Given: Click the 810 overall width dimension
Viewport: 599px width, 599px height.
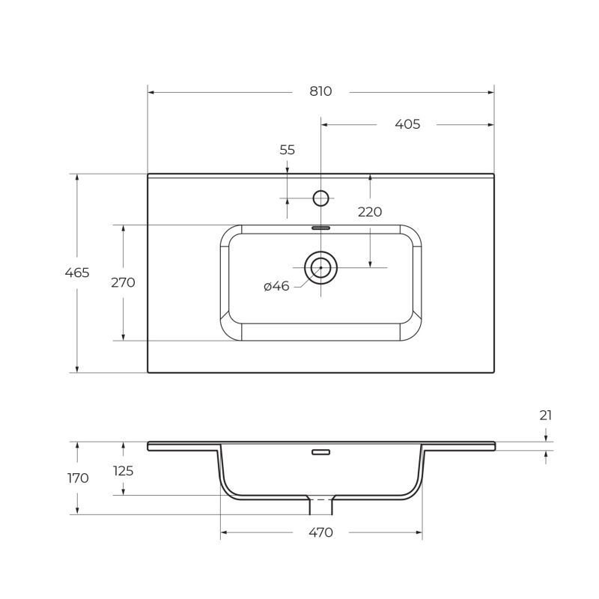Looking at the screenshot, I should [x=320, y=91].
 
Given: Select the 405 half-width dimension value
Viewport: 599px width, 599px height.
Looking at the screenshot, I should [x=407, y=124].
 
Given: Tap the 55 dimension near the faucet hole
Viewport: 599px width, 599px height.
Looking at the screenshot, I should [x=288, y=150].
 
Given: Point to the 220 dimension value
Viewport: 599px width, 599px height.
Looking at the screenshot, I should [x=370, y=212].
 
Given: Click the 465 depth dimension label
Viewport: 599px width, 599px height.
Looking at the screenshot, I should [x=77, y=273].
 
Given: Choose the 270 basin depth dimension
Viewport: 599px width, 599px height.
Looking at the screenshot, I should [x=123, y=282].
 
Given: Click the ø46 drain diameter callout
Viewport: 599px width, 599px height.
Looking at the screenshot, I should [x=276, y=286].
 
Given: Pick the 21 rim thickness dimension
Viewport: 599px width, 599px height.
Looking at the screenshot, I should [x=546, y=415].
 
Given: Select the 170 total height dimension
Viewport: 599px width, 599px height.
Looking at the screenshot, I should [x=77, y=478].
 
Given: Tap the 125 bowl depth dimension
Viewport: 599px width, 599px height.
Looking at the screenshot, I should [x=123, y=471].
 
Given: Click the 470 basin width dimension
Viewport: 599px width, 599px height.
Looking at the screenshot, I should [x=320, y=533].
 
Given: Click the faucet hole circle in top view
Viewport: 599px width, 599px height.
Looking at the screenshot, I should [x=320, y=198].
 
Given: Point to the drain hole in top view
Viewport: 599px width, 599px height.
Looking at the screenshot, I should [x=320, y=267].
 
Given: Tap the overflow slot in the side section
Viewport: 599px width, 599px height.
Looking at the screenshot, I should [x=320, y=451].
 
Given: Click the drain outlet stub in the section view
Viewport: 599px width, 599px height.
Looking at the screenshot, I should [x=321, y=507].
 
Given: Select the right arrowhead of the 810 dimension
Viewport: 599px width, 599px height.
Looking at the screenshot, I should [x=491, y=92].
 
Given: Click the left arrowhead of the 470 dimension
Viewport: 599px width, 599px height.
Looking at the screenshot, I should [x=224, y=533].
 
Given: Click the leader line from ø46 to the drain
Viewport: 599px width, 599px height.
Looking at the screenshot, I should [x=303, y=281].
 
